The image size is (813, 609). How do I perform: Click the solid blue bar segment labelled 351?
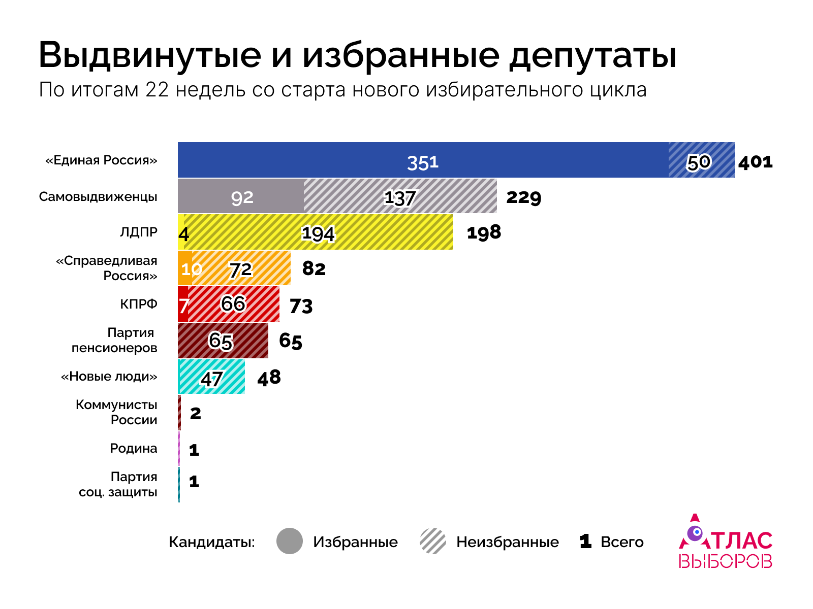point(423,160)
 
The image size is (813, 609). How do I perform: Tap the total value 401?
point(756,162)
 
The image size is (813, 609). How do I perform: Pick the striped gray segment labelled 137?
point(400,196)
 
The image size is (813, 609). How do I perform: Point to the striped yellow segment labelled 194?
point(318,232)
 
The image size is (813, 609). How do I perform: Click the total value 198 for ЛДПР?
point(484,233)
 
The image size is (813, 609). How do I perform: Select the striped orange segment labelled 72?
point(241,268)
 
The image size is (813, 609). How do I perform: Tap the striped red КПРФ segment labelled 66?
point(233,304)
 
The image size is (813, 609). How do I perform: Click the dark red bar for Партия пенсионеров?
point(223,341)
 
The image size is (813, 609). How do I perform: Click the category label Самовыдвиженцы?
point(98,197)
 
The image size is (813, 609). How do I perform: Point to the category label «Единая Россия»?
point(102,160)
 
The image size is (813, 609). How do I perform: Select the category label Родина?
point(134,449)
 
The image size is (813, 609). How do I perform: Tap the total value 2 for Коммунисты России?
point(195,414)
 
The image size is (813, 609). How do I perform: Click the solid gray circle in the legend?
point(290,541)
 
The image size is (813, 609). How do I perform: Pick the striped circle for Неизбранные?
point(433,541)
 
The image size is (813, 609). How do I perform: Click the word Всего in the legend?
point(622,543)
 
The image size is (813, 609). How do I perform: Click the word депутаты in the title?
point(593,56)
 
